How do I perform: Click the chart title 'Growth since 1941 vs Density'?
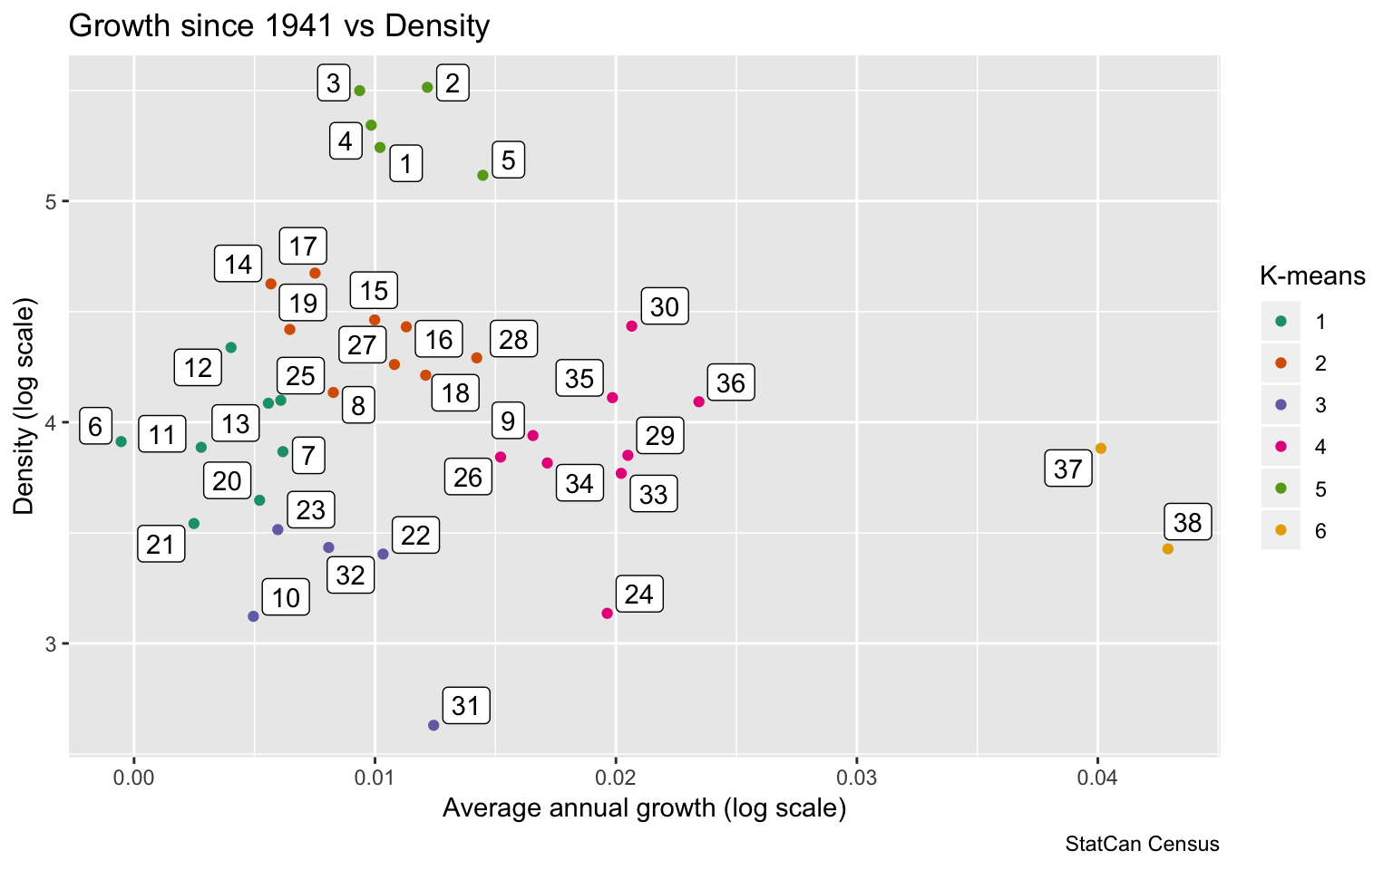pyautogui.click(x=279, y=25)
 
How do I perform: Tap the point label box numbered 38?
pyautogui.click(x=1187, y=523)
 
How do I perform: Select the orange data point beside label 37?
pyautogui.click(x=1101, y=449)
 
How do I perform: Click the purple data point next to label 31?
pyautogui.click(x=433, y=725)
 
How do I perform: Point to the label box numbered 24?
pyautogui.click(x=639, y=594)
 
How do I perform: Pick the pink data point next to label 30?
pyautogui.click(x=632, y=326)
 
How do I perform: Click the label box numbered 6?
pyautogui.click(x=95, y=426)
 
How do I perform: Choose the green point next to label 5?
pyautogui.click(x=483, y=175)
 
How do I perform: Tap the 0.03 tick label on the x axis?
pyautogui.click(x=856, y=778)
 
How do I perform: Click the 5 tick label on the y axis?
pyautogui.click(x=51, y=201)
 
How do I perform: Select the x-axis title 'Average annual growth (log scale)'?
pyautogui.click(x=644, y=808)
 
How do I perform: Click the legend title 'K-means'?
pyautogui.click(x=1312, y=275)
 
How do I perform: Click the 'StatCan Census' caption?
pyautogui.click(x=1142, y=845)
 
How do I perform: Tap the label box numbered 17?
pyautogui.click(x=303, y=246)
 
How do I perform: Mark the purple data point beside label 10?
pyautogui.click(x=253, y=616)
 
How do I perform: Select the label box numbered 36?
pyautogui.click(x=730, y=383)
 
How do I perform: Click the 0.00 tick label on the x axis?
pyautogui.click(x=134, y=778)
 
